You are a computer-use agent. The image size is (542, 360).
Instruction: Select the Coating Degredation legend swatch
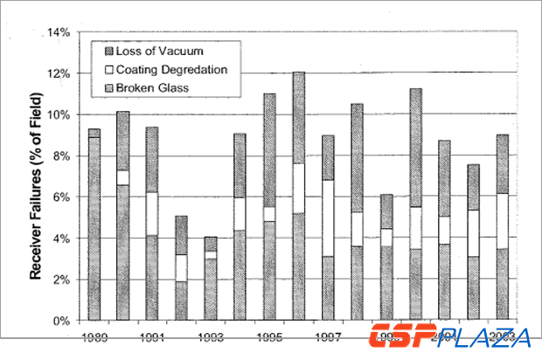click(x=110, y=70)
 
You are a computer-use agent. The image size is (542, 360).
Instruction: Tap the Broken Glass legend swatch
click(x=110, y=88)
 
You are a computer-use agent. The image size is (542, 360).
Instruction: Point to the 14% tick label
click(x=57, y=32)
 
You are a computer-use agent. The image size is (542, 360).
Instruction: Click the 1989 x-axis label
click(x=94, y=336)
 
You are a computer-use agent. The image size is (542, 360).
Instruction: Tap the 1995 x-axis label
click(x=270, y=336)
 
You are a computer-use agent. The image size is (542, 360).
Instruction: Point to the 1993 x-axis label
click(x=211, y=336)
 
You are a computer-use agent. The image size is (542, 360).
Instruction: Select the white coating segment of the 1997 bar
click(x=328, y=218)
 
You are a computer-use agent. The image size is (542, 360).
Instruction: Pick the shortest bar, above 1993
click(x=211, y=280)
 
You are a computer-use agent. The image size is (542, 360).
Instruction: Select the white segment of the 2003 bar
click(x=504, y=221)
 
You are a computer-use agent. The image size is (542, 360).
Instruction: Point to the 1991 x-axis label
click(x=152, y=336)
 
